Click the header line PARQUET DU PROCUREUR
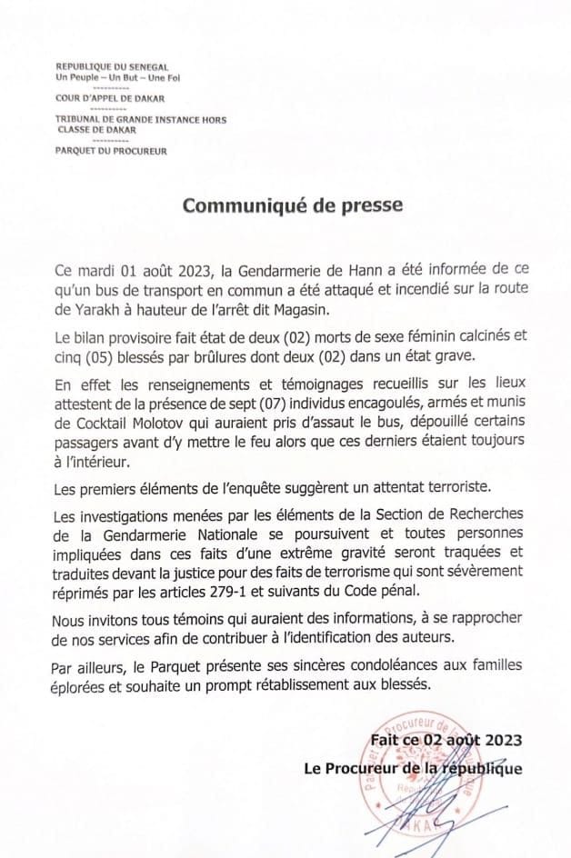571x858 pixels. tap(111, 150)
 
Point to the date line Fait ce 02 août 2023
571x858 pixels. tap(446, 741)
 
